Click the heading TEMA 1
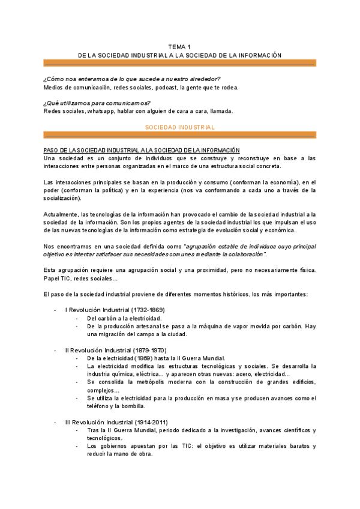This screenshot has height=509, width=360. (179, 46)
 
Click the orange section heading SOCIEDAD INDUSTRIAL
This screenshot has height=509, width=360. (180, 127)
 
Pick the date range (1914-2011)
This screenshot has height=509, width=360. (148, 422)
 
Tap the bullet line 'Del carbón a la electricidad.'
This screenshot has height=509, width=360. (124, 318)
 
